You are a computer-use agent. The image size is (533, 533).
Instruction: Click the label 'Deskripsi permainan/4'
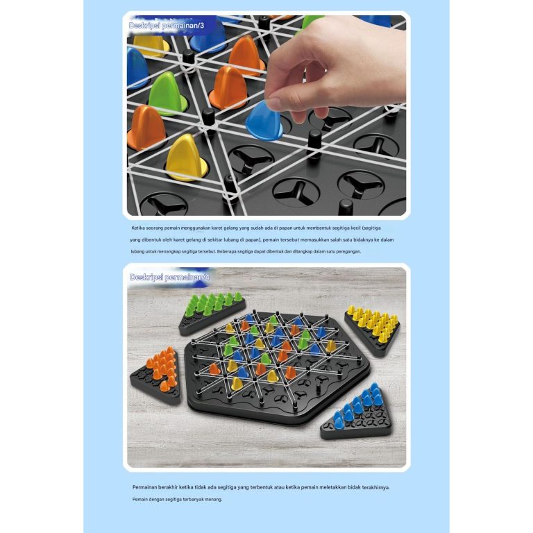[169, 277]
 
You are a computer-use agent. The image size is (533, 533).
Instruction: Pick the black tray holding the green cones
[208, 316]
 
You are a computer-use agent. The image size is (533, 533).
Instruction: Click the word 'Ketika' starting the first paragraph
[139, 228]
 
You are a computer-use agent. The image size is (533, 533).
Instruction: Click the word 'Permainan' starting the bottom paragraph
[148, 487]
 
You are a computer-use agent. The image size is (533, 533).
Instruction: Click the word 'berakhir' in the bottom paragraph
[177, 487]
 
